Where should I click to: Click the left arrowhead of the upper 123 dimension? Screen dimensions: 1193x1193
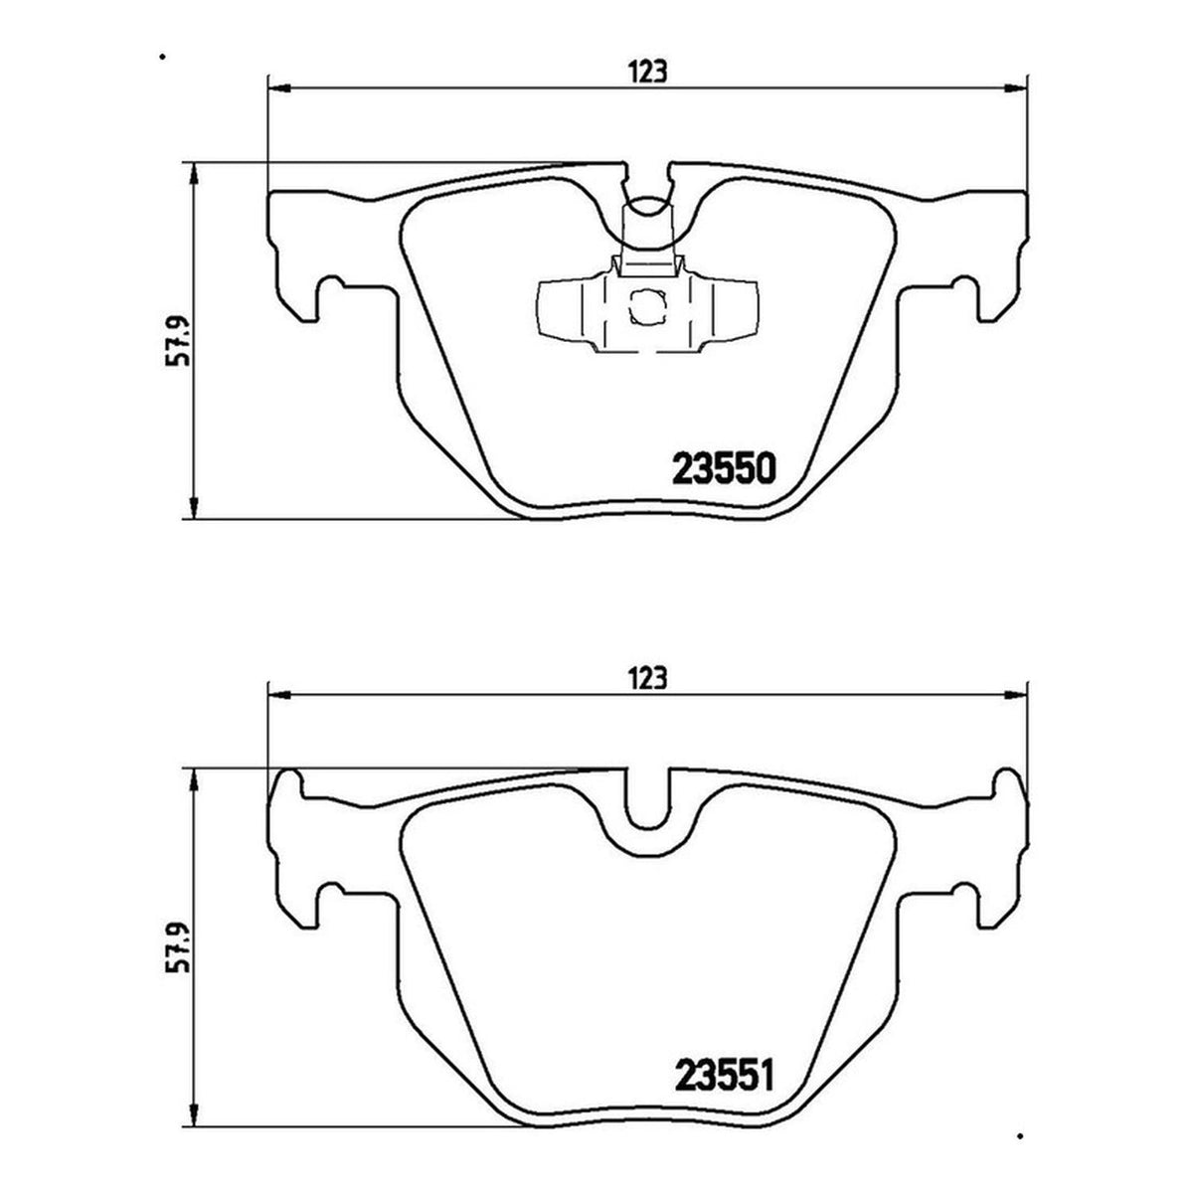(279, 89)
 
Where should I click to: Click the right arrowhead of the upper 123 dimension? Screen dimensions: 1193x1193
(1015, 89)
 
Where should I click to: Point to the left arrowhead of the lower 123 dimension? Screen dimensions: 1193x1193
(279, 696)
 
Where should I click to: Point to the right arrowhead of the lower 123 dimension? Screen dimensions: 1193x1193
(1015, 696)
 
